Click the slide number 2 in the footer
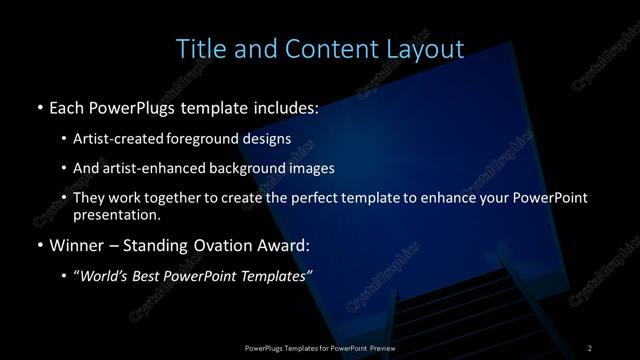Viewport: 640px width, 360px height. [590, 347]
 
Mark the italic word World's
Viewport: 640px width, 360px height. [107, 277]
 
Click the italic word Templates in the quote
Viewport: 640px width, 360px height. [276, 277]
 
